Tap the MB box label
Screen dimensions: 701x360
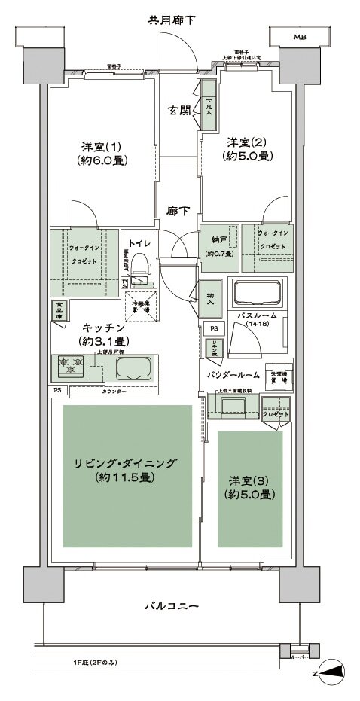[299, 35]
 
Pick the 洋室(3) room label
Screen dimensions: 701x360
[249, 487]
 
